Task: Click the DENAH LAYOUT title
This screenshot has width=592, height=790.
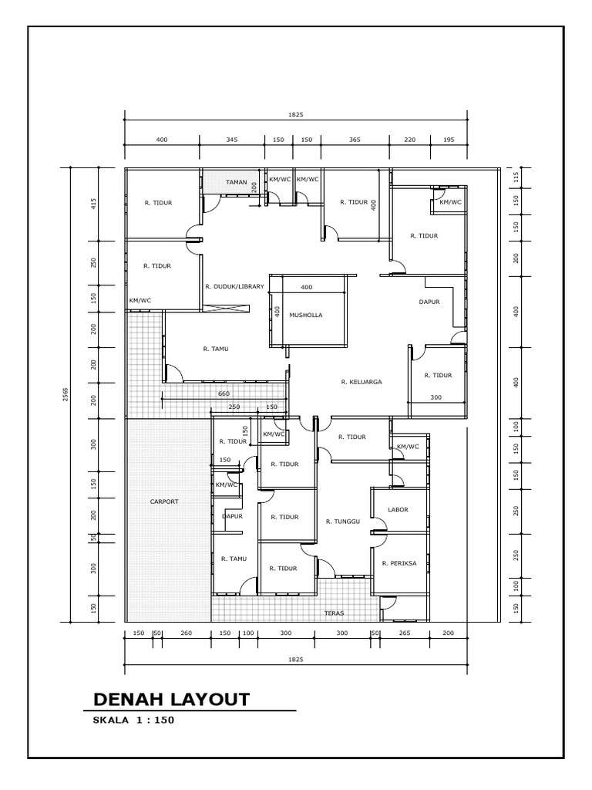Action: pos(171,699)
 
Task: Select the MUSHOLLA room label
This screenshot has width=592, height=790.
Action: pos(306,316)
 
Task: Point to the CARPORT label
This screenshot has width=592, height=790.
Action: pos(164,501)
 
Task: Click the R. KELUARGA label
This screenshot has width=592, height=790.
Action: pos(362,381)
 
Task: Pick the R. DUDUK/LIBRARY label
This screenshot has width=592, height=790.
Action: pos(235,286)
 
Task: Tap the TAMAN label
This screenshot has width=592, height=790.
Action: pos(236,183)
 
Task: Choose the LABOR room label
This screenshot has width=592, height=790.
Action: pos(398,510)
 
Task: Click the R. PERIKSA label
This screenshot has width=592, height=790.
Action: pos(399,563)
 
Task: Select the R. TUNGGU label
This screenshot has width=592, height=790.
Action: pos(343,522)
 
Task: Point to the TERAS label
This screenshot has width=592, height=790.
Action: pos(334,613)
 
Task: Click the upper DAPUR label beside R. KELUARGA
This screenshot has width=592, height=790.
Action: pos(429,302)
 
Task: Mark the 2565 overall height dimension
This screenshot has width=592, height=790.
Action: pos(65,395)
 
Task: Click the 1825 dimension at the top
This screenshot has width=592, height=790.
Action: pos(296,114)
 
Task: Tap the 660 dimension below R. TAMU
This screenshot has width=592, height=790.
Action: pos(224,393)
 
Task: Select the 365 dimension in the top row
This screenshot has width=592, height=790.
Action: pos(355,140)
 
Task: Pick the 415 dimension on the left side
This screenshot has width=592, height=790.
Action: pos(93,204)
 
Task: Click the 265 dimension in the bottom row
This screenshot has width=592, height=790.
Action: pos(405,633)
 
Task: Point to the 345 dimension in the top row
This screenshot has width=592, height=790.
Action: pos(232,140)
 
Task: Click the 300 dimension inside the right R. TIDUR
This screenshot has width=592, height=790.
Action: pos(436,397)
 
